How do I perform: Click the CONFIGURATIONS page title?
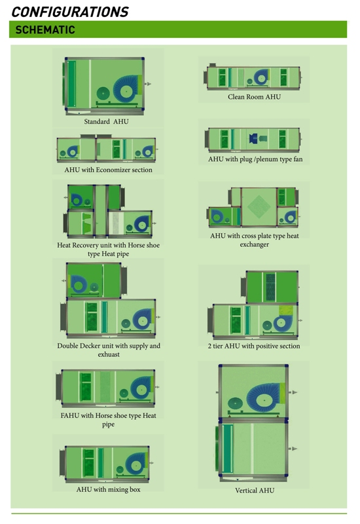point(70,12)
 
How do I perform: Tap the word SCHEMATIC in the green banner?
point(45,29)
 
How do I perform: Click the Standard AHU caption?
point(106,122)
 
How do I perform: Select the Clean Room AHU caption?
point(254,97)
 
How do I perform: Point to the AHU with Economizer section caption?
point(108,170)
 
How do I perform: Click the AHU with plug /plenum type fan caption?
point(255,159)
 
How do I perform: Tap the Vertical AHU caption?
point(255,490)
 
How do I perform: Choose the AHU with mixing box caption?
point(108,489)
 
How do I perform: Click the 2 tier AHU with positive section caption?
point(254,346)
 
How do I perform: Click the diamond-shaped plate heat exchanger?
point(259,207)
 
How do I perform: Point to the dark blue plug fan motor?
point(253,138)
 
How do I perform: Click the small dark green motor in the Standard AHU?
point(103,94)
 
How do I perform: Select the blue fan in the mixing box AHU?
point(135,464)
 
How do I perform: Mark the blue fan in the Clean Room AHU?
point(261,78)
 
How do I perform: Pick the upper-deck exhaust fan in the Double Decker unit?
point(78,285)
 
